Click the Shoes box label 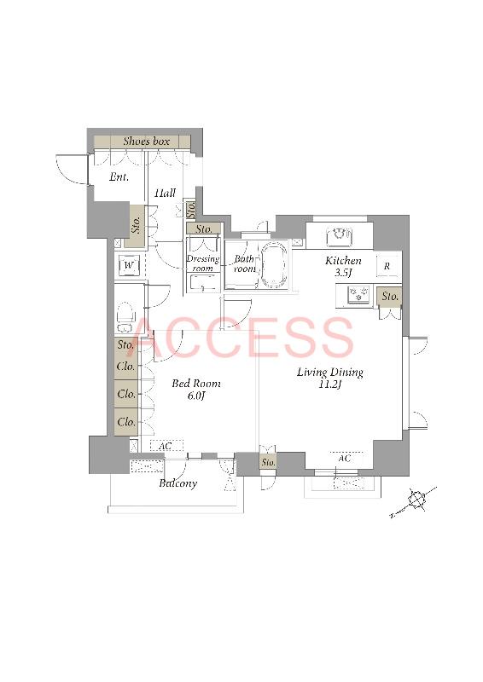[146, 142]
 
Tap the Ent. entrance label [119, 177]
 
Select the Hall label [165, 193]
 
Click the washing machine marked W [129, 265]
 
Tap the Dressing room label [202, 263]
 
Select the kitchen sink [340, 236]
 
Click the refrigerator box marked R [387, 267]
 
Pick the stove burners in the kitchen [358, 293]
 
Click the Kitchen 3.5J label [343, 266]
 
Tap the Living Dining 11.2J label [329, 378]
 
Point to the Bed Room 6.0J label [196, 389]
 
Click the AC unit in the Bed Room [166, 446]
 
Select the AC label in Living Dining [344, 459]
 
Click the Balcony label [177, 483]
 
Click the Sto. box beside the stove [390, 297]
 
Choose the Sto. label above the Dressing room [204, 228]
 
